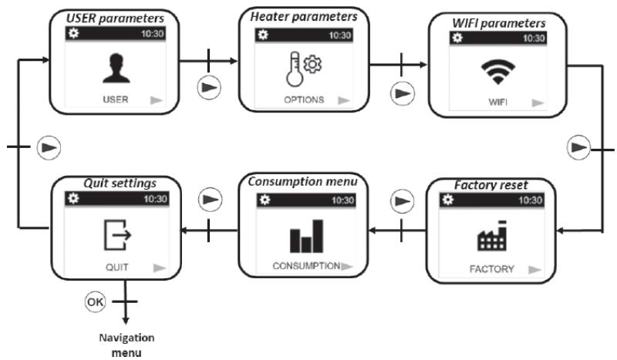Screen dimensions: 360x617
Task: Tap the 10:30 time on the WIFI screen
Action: pos(532,37)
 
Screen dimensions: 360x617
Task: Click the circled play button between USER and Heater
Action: pos(208,86)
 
